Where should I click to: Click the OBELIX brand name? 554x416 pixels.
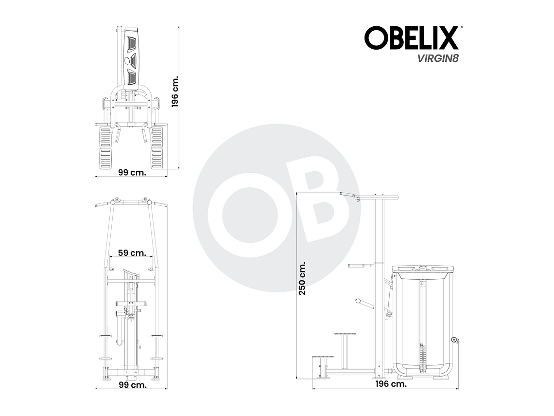pyautogui.click(x=411, y=38)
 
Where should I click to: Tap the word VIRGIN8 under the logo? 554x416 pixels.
pyautogui.click(x=431, y=58)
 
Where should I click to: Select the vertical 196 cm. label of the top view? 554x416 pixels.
pyautogui.click(x=175, y=91)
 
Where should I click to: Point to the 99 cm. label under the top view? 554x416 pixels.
pyautogui.click(x=131, y=172)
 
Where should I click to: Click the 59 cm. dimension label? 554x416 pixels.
pyautogui.click(x=132, y=253)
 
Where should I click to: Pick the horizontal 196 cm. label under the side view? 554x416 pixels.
pyautogui.click(x=391, y=384)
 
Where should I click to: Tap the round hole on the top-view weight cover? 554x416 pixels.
pyautogui.click(x=128, y=61)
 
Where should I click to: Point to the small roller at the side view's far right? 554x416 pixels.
pyautogui.click(x=454, y=340)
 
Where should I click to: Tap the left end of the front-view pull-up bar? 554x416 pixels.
pyautogui.click(x=96, y=205)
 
